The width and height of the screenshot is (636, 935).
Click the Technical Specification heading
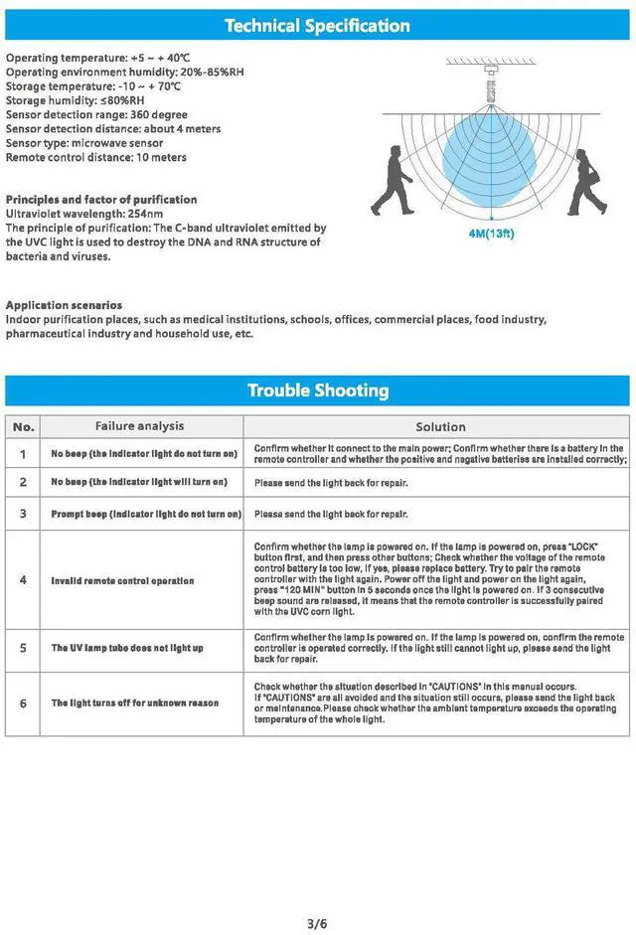(x=317, y=26)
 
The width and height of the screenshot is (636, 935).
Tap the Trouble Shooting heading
(x=317, y=390)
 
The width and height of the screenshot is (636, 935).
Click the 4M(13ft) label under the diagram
(x=491, y=235)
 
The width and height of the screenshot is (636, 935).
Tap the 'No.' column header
(x=24, y=426)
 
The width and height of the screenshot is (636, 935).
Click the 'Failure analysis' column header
(x=139, y=426)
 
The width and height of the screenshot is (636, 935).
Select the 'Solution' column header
(x=440, y=426)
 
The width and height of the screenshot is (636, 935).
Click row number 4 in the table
(x=24, y=580)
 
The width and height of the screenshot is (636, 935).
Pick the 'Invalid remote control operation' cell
(x=122, y=580)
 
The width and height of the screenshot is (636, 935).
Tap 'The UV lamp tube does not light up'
(x=127, y=648)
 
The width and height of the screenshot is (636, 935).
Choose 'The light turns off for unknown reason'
(x=135, y=702)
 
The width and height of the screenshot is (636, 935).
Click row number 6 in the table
(x=24, y=702)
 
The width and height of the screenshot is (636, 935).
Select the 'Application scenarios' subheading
(x=65, y=305)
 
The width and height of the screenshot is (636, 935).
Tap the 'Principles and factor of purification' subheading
(x=101, y=200)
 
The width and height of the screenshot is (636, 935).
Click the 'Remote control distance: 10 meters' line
(x=95, y=157)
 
